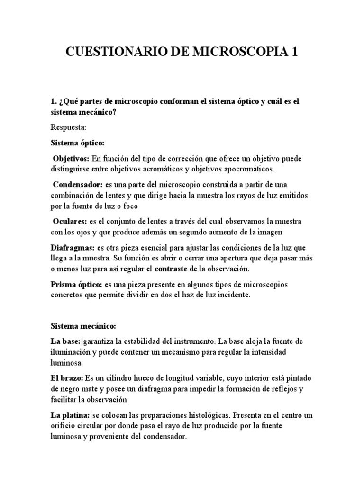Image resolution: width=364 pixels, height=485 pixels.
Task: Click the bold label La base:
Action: click(65, 341)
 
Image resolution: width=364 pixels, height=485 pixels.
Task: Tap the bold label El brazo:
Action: click(67, 377)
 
